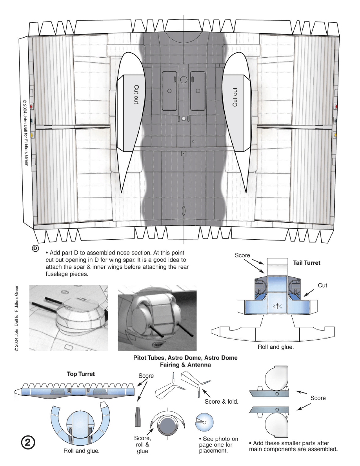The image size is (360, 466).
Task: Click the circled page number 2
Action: click(x=28, y=442)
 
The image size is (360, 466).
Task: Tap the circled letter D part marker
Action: click(x=35, y=248)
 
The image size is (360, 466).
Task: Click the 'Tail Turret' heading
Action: click(x=307, y=263)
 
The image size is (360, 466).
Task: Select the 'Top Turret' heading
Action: click(x=81, y=374)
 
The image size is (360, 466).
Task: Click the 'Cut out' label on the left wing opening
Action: click(x=136, y=94)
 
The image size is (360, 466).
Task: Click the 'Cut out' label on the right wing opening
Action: click(x=235, y=97)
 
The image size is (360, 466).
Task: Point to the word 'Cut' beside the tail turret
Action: click(x=323, y=285)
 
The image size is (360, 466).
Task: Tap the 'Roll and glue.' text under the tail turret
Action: click(x=276, y=347)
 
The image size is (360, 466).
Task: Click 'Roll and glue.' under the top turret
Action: click(x=82, y=451)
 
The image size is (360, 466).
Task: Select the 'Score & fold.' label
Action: click(x=222, y=402)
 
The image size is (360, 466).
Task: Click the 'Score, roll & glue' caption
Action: click(x=143, y=444)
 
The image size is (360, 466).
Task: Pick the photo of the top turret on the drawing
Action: click(x=69, y=318)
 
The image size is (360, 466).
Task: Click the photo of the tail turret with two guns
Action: click(x=157, y=318)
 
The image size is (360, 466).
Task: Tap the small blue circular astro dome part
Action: click(x=204, y=422)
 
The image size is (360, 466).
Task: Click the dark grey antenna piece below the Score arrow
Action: click(x=138, y=416)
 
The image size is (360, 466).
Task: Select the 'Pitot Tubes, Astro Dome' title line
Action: click(x=185, y=357)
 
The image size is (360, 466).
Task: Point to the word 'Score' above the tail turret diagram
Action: click(x=242, y=255)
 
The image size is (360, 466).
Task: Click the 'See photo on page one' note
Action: click(x=218, y=444)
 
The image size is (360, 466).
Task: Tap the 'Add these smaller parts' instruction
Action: click(x=293, y=446)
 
